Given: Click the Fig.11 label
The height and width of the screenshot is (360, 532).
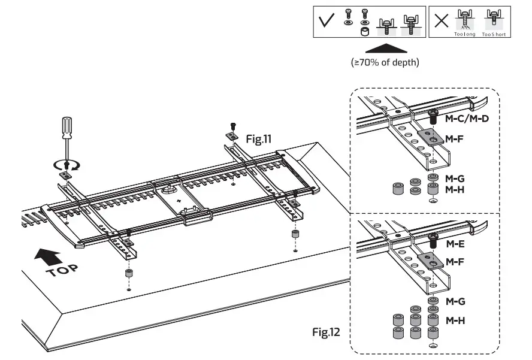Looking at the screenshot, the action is tap(259, 139).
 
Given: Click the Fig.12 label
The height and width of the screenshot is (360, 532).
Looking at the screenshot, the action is tap(326, 332).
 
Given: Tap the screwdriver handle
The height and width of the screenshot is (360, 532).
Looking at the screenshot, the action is tap(67, 128).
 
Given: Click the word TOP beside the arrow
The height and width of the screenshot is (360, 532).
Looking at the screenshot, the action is tap(62, 271).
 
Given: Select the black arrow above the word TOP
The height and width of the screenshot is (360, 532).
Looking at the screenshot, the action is tap(48, 257).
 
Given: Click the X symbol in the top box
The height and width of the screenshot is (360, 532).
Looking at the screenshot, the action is tap(441, 21).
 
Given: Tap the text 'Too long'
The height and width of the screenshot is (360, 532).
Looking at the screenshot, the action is tap(464, 34).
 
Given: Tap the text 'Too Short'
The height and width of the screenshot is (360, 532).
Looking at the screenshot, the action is tap(494, 34).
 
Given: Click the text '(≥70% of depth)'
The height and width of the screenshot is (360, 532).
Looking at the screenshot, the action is tap(385, 62).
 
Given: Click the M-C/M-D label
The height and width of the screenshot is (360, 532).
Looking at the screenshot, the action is tap(467, 119).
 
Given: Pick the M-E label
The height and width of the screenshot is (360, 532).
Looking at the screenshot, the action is tap(455, 244).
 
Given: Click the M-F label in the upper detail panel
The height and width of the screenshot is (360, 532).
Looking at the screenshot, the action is tap(454, 139).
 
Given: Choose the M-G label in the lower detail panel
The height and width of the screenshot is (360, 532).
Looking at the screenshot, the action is tap(455, 301).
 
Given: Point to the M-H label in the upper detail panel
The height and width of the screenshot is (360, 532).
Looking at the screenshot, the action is tap(455, 189).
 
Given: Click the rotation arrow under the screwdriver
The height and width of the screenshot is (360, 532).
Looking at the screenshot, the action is tap(67, 166).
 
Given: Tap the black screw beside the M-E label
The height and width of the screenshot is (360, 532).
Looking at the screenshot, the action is tap(433, 240).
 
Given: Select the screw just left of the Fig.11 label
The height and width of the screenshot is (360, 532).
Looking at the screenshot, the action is tap(232, 126).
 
